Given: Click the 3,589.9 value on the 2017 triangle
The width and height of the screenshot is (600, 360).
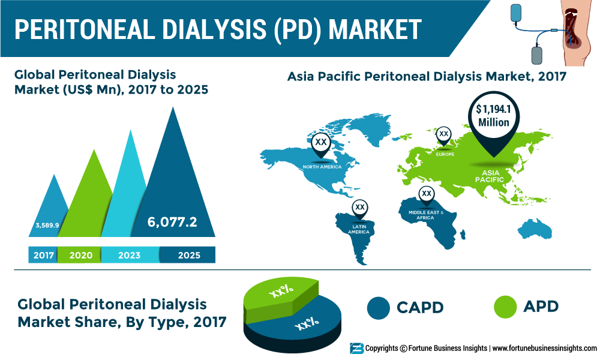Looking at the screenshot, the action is pyautogui.click(x=47, y=226).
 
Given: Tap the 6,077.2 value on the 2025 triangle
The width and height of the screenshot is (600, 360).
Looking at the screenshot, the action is pyautogui.click(x=172, y=222).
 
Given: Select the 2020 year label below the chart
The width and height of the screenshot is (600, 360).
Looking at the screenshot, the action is pyautogui.click(x=81, y=255).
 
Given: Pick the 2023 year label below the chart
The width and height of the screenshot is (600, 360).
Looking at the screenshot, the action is pyautogui.click(x=130, y=255).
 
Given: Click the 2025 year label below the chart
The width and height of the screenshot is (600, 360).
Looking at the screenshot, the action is pyautogui.click(x=189, y=255).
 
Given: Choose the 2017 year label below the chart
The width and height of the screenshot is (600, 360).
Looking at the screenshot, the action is pyautogui.click(x=44, y=255).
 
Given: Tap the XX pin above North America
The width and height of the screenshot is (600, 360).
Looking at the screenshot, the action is pyautogui.click(x=321, y=144).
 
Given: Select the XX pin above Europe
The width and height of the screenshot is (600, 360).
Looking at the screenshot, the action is pyautogui.click(x=443, y=136).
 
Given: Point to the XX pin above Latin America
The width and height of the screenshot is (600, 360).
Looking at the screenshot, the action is pyautogui.click(x=359, y=209).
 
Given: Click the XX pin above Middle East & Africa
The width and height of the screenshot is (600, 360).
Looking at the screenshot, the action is pyautogui.click(x=426, y=195).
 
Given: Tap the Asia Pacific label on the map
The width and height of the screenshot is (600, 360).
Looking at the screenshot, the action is pyautogui.click(x=490, y=176).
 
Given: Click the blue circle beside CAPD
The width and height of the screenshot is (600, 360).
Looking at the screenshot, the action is pyautogui.click(x=378, y=308).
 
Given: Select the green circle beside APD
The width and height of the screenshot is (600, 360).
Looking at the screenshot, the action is pyautogui.click(x=505, y=307).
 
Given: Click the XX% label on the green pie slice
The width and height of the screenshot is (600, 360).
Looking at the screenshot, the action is pyautogui.click(x=281, y=292).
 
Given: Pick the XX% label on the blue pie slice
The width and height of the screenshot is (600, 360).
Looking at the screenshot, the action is pyautogui.click(x=307, y=323).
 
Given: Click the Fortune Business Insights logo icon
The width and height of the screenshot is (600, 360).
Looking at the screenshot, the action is pyautogui.click(x=356, y=349).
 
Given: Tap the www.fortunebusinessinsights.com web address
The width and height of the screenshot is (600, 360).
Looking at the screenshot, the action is pyautogui.click(x=545, y=349).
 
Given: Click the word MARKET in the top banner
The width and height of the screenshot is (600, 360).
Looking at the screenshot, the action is pyautogui.click(x=375, y=29).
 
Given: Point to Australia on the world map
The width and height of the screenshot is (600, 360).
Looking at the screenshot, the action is pyautogui.click(x=535, y=229).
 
